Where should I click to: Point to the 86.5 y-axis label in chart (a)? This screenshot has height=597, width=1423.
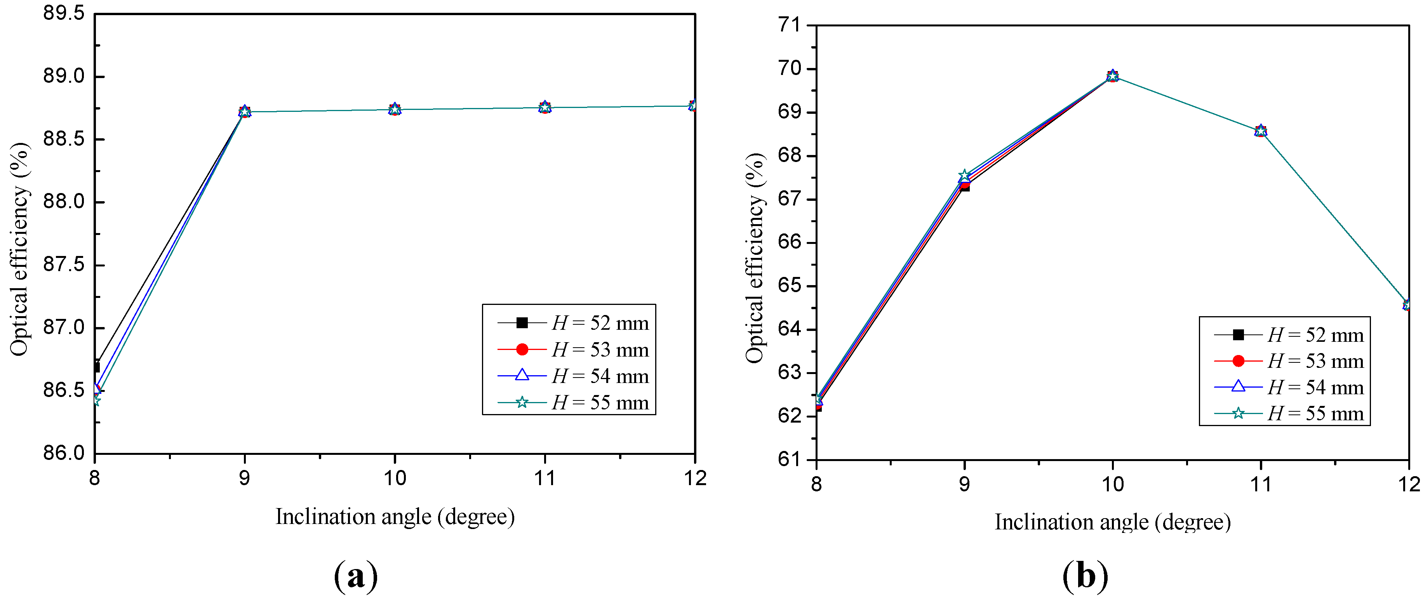coord(64,390)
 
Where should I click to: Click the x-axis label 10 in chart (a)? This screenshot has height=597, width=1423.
coord(395,478)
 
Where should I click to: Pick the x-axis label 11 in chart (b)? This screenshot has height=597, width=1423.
coord(1261,484)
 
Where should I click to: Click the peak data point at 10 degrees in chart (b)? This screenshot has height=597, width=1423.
coord(1113,76)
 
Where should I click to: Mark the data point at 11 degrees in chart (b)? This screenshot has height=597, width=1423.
coord(1261,131)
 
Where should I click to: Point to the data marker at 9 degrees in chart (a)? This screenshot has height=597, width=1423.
coord(245,111)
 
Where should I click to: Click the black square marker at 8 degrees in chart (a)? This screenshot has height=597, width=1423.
coord(96,367)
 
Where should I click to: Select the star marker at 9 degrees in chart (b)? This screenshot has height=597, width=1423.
coord(964,176)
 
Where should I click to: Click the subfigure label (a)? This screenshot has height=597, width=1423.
coord(356,576)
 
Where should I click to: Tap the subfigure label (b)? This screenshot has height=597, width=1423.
coord(1085,576)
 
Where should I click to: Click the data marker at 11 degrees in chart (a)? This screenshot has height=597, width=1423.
coord(544,107)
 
